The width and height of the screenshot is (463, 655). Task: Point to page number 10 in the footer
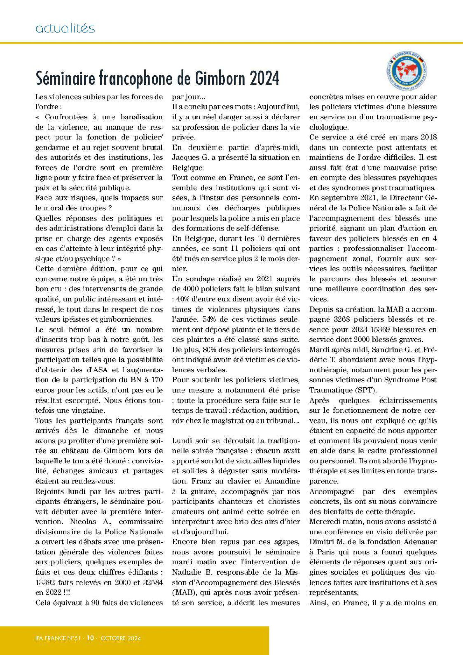click(x=91, y=630)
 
